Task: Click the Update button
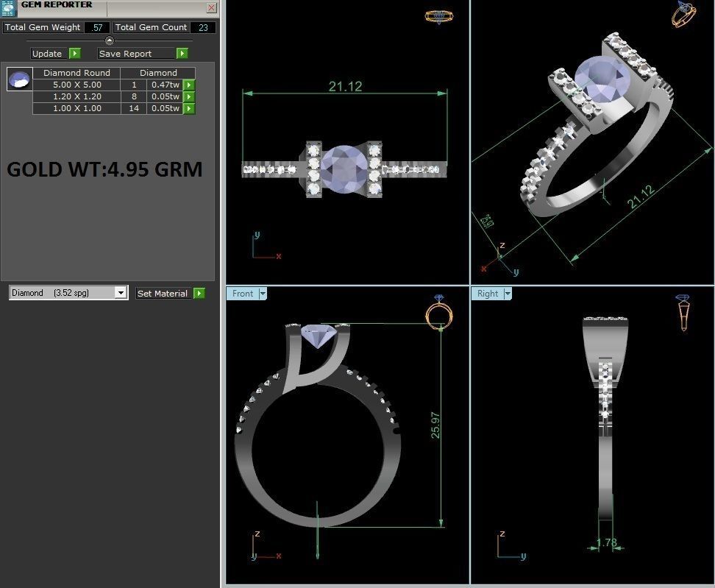tap(47, 54)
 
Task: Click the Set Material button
tap(163, 293)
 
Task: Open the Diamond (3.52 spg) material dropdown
tap(121, 293)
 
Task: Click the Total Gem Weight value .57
tap(96, 27)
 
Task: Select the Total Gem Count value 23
tap(202, 27)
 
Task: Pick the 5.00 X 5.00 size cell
tap(77, 85)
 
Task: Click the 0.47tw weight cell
tap(165, 85)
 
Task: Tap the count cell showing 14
tap(133, 108)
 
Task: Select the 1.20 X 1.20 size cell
tap(77, 96)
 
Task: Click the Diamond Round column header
tap(77, 73)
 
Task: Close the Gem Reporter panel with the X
tap(211, 8)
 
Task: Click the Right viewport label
tap(487, 294)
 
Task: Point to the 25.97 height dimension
tap(436, 425)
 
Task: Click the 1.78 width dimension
tap(606, 543)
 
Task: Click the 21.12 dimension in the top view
tap(345, 86)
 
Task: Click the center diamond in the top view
tap(344, 169)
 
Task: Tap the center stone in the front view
tap(319, 336)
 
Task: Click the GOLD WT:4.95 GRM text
tap(104, 169)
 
